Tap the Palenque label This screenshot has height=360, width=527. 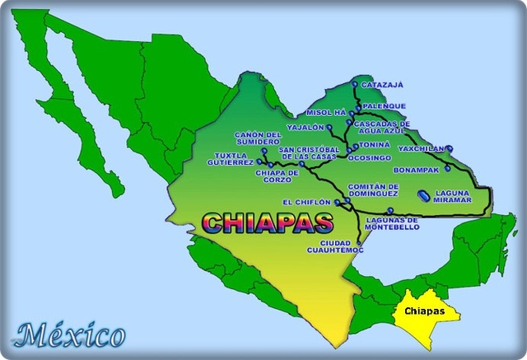coord(383,105)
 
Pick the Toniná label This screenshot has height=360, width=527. coord(375,144)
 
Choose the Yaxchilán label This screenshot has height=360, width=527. coord(420,148)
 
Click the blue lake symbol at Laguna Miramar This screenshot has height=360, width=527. coord(423,196)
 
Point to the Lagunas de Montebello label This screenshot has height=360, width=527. coord(391,223)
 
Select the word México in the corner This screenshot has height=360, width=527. coord(72,335)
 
